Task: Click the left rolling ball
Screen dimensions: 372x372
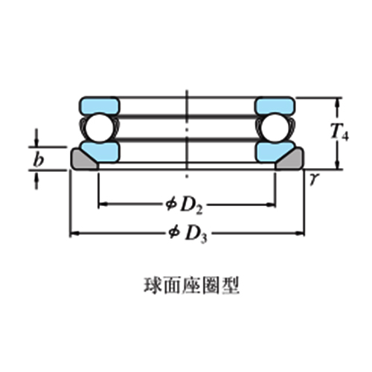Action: [x=100, y=128]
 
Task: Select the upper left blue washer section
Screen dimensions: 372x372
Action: [x=100, y=105]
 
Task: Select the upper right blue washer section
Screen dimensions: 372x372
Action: [x=275, y=105]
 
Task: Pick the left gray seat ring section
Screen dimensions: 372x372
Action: [x=83, y=160]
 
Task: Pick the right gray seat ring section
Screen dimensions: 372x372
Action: [x=291, y=160]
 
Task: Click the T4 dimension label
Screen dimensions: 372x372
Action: [x=339, y=132]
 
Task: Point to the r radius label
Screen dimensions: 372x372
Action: [x=313, y=179]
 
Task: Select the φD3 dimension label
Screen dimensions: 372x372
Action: [x=187, y=235]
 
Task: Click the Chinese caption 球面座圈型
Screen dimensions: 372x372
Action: [x=191, y=286]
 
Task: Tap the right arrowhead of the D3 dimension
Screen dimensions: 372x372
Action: [x=300, y=233]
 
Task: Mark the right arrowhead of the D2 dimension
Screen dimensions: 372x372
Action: [x=271, y=205]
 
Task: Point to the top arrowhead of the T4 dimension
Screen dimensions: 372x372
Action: [x=337, y=103]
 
